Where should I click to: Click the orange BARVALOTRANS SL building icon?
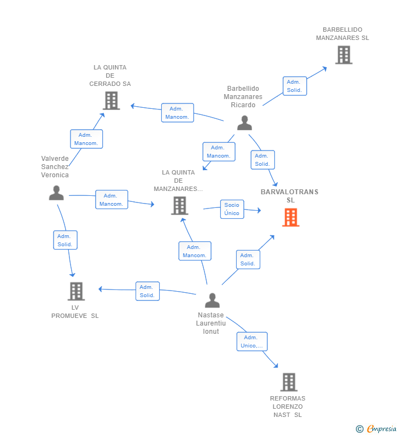coord(291,218)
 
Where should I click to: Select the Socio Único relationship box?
coord(232,209)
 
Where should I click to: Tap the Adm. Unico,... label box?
coord(252,341)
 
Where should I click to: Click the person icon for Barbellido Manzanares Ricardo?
coord(244,123)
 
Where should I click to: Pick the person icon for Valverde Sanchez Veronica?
coord(56,193)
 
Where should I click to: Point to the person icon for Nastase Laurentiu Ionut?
coord(212,300)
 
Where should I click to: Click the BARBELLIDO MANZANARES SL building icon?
coord(344,55)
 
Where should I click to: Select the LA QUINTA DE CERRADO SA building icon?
coord(112,101)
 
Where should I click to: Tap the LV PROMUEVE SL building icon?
coord(76,291)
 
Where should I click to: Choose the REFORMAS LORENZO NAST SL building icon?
coord(289,382)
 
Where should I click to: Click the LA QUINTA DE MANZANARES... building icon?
coord(180,206)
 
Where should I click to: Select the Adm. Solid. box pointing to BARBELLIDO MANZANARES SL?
coord(295,86)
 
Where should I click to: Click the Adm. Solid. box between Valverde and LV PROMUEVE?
coord(65,240)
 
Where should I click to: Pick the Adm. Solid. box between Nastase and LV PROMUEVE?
coord(148,291)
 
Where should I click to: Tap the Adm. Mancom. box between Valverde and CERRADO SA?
coord(86,139)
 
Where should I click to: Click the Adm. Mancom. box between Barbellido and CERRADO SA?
coord(177,113)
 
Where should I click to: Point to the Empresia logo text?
coord(382,428)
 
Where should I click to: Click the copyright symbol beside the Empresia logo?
coord(360,429)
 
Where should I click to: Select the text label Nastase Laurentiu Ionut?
coord(211,323)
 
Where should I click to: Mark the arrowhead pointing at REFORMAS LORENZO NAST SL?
coord(276,366)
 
